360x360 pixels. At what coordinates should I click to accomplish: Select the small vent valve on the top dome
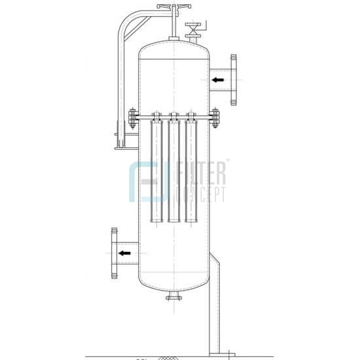[x=194, y=30]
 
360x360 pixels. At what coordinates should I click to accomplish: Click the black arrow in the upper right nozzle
[x=217, y=80]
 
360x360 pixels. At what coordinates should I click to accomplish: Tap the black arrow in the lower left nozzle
[x=124, y=252]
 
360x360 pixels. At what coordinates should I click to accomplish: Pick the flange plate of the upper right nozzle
[x=234, y=80]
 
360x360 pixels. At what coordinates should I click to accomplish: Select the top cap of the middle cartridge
[x=174, y=117]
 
